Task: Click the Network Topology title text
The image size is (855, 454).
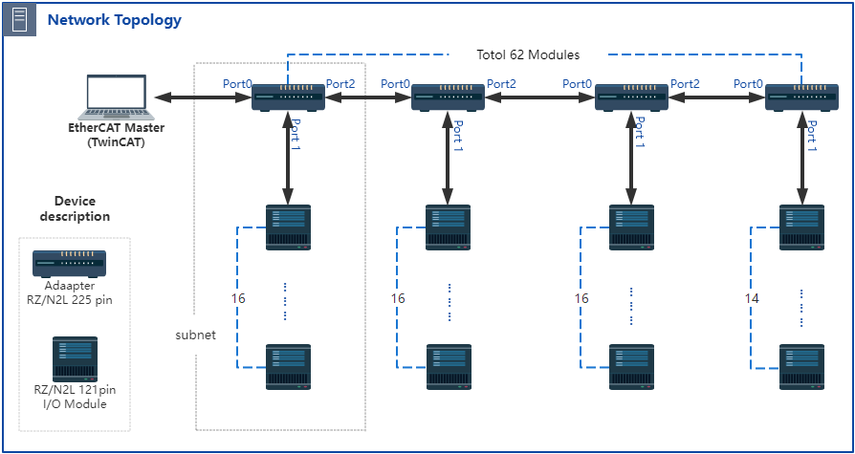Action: pyautogui.click(x=114, y=19)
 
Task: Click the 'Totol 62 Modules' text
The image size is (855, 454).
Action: pyautogui.click(x=528, y=54)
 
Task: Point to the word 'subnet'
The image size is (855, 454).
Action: pyautogui.click(x=194, y=335)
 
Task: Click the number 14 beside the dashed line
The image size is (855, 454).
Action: pyautogui.click(x=753, y=298)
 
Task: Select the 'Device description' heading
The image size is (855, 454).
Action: pyautogui.click(x=75, y=208)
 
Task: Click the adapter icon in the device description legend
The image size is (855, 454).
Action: pyautogui.click(x=69, y=263)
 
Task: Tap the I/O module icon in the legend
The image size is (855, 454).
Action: pyautogui.click(x=75, y=359)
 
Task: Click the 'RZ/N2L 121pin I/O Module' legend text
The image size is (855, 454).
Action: pyautogui.click(x=75, y=397)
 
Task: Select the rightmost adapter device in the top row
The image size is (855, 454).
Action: pyautogui.click(x=802, y=97)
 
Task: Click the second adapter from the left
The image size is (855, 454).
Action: pyautogui.click(x=448, y=97)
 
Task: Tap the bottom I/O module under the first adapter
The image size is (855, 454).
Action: pyautogui.click(x=288, y=366)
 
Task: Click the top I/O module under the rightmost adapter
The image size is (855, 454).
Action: pyautogui.click(x=802, y=227)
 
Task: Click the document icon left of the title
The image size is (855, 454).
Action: pyautogui.click(x=19, y=19)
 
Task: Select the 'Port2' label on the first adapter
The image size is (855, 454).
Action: pyautogui.click(x=340, y=84)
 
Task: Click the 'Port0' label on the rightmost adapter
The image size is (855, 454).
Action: pyautogui.click(x=750, y=84)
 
